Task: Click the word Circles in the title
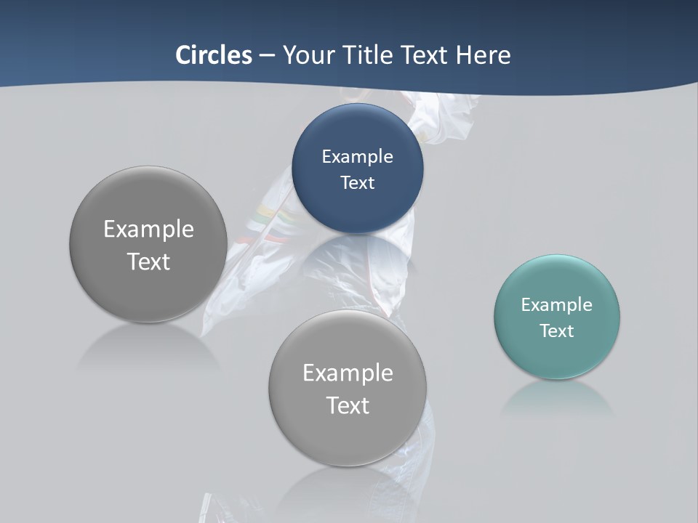point(213,55)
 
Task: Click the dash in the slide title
point(267,56)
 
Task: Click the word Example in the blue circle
point(357,156)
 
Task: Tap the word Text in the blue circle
point(357,182)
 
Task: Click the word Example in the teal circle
point(556,304)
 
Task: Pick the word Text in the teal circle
point(556,331)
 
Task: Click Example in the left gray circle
point(148,229)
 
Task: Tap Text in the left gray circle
point(148,261)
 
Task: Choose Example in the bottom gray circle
point(348,373)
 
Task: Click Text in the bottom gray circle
point(348,405)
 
